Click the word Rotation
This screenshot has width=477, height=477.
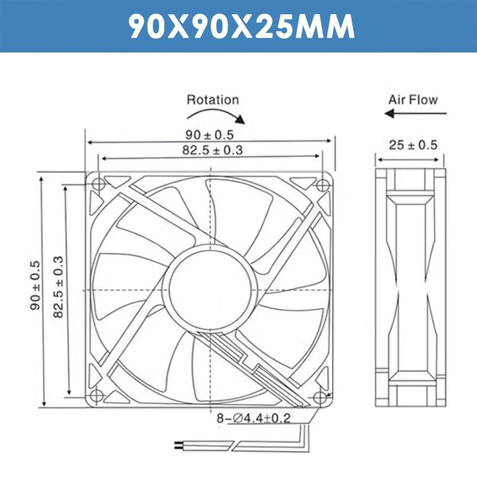[213, 100]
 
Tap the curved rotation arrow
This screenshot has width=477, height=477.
[216, 114]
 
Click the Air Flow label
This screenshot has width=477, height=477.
[413, 100]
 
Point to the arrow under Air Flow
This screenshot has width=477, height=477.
[415, 114]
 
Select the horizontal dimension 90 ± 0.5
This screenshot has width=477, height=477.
[209, 135]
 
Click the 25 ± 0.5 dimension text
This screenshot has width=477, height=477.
[413, 145]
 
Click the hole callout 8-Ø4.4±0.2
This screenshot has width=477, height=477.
[254, 419]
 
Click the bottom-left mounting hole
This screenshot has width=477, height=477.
[98, 395]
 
